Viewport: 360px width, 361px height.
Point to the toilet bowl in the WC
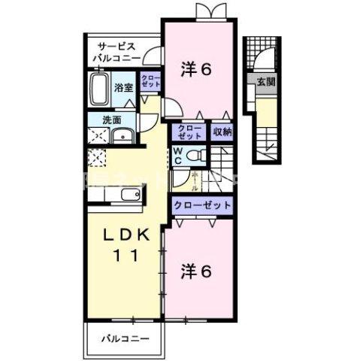click(x=195, y=155)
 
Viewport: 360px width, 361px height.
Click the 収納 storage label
click(x=221, y=133)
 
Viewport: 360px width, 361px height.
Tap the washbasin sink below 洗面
click(x=121, y=136)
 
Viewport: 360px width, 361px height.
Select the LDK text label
click(x=123, y=235)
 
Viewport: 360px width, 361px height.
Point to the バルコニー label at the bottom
click(x=123, y=339)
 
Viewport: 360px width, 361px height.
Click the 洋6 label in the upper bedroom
click(x=198, y=68)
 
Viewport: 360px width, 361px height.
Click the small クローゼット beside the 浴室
click(x=150, y=82)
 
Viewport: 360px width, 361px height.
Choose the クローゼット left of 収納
click(x=189, y=133)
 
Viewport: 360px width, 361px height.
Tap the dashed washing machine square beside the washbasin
click(x=98, y=135)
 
